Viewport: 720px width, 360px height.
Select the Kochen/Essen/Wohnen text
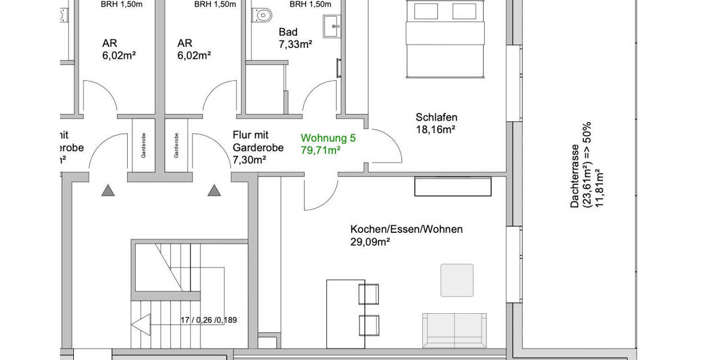[x=406, y=229]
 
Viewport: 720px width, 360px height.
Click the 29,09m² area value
[x=370, y=242]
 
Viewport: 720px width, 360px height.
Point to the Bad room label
[x=289, y=32]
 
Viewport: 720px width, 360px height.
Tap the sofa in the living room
[x=454, y=331]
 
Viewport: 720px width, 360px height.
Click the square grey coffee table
[x=457, y=280]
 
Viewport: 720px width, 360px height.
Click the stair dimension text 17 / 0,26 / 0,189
[x=209, y=320]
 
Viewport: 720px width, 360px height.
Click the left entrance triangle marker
[x=107, y=191]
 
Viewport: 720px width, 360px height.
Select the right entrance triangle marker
[x=214, y=191]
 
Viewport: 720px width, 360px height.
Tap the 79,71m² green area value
[x=320, y=149]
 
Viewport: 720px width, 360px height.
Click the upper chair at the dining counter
[x=368, y=293]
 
